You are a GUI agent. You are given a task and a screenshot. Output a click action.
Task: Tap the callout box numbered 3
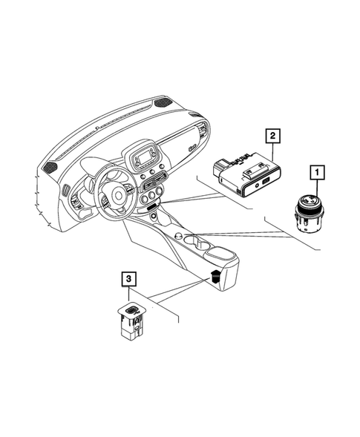click(129, 279)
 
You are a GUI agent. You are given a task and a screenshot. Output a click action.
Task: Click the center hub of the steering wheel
click(117, 194)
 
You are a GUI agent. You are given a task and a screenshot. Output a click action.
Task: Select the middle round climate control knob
click(152, 195)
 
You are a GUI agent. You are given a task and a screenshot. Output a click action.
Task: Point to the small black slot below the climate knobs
click(151, 206)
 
